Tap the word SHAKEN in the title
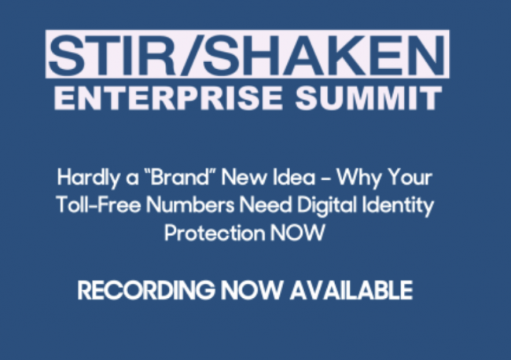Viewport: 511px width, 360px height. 324,55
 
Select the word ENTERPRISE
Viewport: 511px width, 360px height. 168,98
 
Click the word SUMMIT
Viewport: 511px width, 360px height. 369,98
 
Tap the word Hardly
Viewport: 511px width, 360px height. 88,178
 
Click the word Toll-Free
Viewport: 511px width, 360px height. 98,204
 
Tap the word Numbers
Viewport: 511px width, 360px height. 190,204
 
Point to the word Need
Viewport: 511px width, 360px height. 265,204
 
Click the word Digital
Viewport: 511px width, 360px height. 327,206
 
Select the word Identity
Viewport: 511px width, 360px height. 399,206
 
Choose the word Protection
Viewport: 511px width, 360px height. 215,233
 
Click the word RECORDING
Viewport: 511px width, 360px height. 146,290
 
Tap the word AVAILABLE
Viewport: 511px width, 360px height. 351,290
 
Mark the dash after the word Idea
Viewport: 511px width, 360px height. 325,178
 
